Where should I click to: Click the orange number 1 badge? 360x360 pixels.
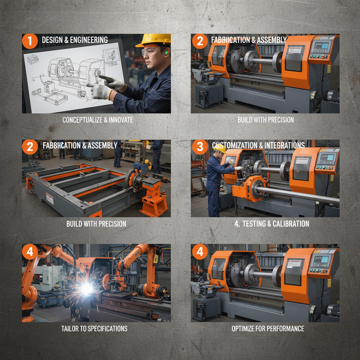pyautogui.click(x=30, y=41)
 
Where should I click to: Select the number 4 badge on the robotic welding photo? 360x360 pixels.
pyautogui.click(x=30, y=252)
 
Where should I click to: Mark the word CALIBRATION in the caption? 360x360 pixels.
pyautogui.click(x=290, y=224)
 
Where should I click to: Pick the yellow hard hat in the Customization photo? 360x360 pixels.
pyautogui.click(x=220, y=149)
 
